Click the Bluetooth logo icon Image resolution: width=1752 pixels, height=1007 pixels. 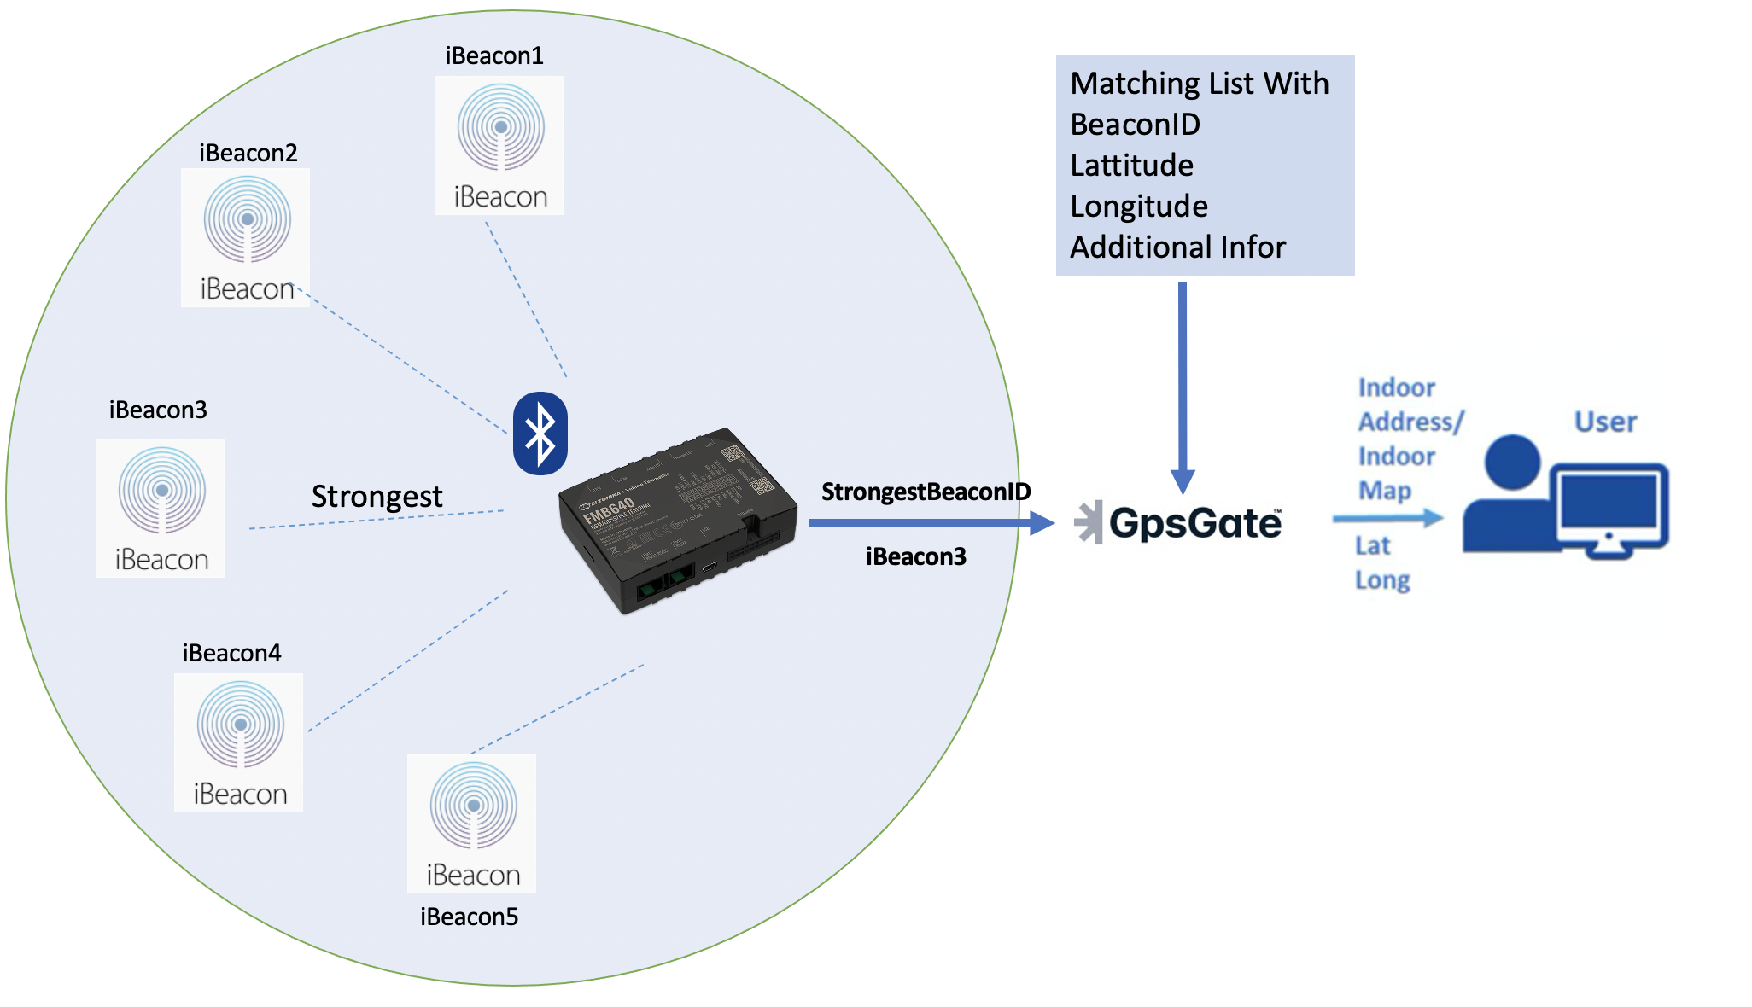[540, 434]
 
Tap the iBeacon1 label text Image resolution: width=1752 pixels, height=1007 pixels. [494, 56]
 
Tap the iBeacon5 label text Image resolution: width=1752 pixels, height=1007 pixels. [469, 917]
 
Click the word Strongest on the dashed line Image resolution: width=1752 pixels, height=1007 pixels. [377, 497]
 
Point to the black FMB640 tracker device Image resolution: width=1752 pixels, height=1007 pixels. [677, 521]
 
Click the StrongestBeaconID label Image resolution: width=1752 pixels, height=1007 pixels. [926, 492]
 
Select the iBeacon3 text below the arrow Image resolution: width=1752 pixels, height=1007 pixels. [915, 556]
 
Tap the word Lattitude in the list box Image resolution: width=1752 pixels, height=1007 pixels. [1131, 166]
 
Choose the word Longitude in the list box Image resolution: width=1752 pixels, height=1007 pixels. [1139, 207]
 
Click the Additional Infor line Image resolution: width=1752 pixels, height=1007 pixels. [1177, 247]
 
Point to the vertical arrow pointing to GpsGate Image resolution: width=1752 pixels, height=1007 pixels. [1183, 384]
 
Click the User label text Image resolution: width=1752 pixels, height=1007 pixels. [1605, 422]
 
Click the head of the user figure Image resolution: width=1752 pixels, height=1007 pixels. [1511, 463]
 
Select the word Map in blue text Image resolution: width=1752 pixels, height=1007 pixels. [1384, 491]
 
